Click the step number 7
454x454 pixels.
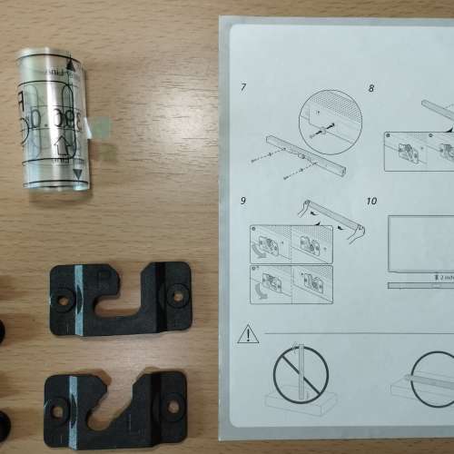click(244, 87)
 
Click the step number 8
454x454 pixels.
click(370, 88)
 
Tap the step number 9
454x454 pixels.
click(244, 200)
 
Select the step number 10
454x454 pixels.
click(371, 200)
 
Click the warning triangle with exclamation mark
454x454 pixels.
click(248, 334)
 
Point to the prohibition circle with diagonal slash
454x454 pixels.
click(301, 373)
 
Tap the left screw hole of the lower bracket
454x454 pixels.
click(58, 410)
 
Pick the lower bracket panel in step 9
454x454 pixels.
click(290, 283)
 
